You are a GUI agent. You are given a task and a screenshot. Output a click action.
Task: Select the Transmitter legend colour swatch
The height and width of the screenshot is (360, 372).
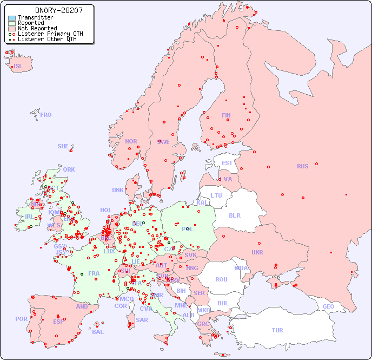12,18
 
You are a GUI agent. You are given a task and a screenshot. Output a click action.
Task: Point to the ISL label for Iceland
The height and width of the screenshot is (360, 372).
18,67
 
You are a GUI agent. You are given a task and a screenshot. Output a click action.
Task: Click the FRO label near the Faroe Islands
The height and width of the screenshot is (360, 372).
46,115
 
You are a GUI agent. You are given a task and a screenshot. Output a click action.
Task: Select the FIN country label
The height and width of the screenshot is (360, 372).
226,115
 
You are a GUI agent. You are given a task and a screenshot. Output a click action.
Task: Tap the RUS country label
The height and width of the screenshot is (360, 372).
302,166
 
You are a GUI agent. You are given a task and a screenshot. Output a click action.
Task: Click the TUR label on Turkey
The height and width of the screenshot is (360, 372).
277,330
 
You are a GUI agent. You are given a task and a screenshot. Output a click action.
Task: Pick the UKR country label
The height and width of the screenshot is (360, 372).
257,252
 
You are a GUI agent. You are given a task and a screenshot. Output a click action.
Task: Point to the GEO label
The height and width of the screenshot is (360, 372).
328,306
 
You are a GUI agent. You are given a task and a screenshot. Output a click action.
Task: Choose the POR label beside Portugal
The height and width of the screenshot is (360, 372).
21,319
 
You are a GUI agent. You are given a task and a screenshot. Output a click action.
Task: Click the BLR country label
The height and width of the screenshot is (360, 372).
234,215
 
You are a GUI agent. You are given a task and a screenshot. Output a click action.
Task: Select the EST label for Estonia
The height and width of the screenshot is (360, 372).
227,163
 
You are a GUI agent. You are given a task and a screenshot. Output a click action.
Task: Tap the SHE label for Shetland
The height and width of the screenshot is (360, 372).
63,146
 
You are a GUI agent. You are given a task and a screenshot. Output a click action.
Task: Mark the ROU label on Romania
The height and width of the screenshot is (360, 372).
221,279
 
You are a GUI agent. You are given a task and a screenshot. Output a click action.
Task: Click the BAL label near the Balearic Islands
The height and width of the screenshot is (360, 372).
98,332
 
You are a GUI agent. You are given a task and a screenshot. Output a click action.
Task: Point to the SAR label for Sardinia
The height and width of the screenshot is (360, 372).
142,320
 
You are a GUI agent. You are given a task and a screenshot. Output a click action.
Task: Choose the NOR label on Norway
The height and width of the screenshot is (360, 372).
131,141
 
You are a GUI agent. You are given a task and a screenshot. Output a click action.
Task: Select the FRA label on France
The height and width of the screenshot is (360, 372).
94,273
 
